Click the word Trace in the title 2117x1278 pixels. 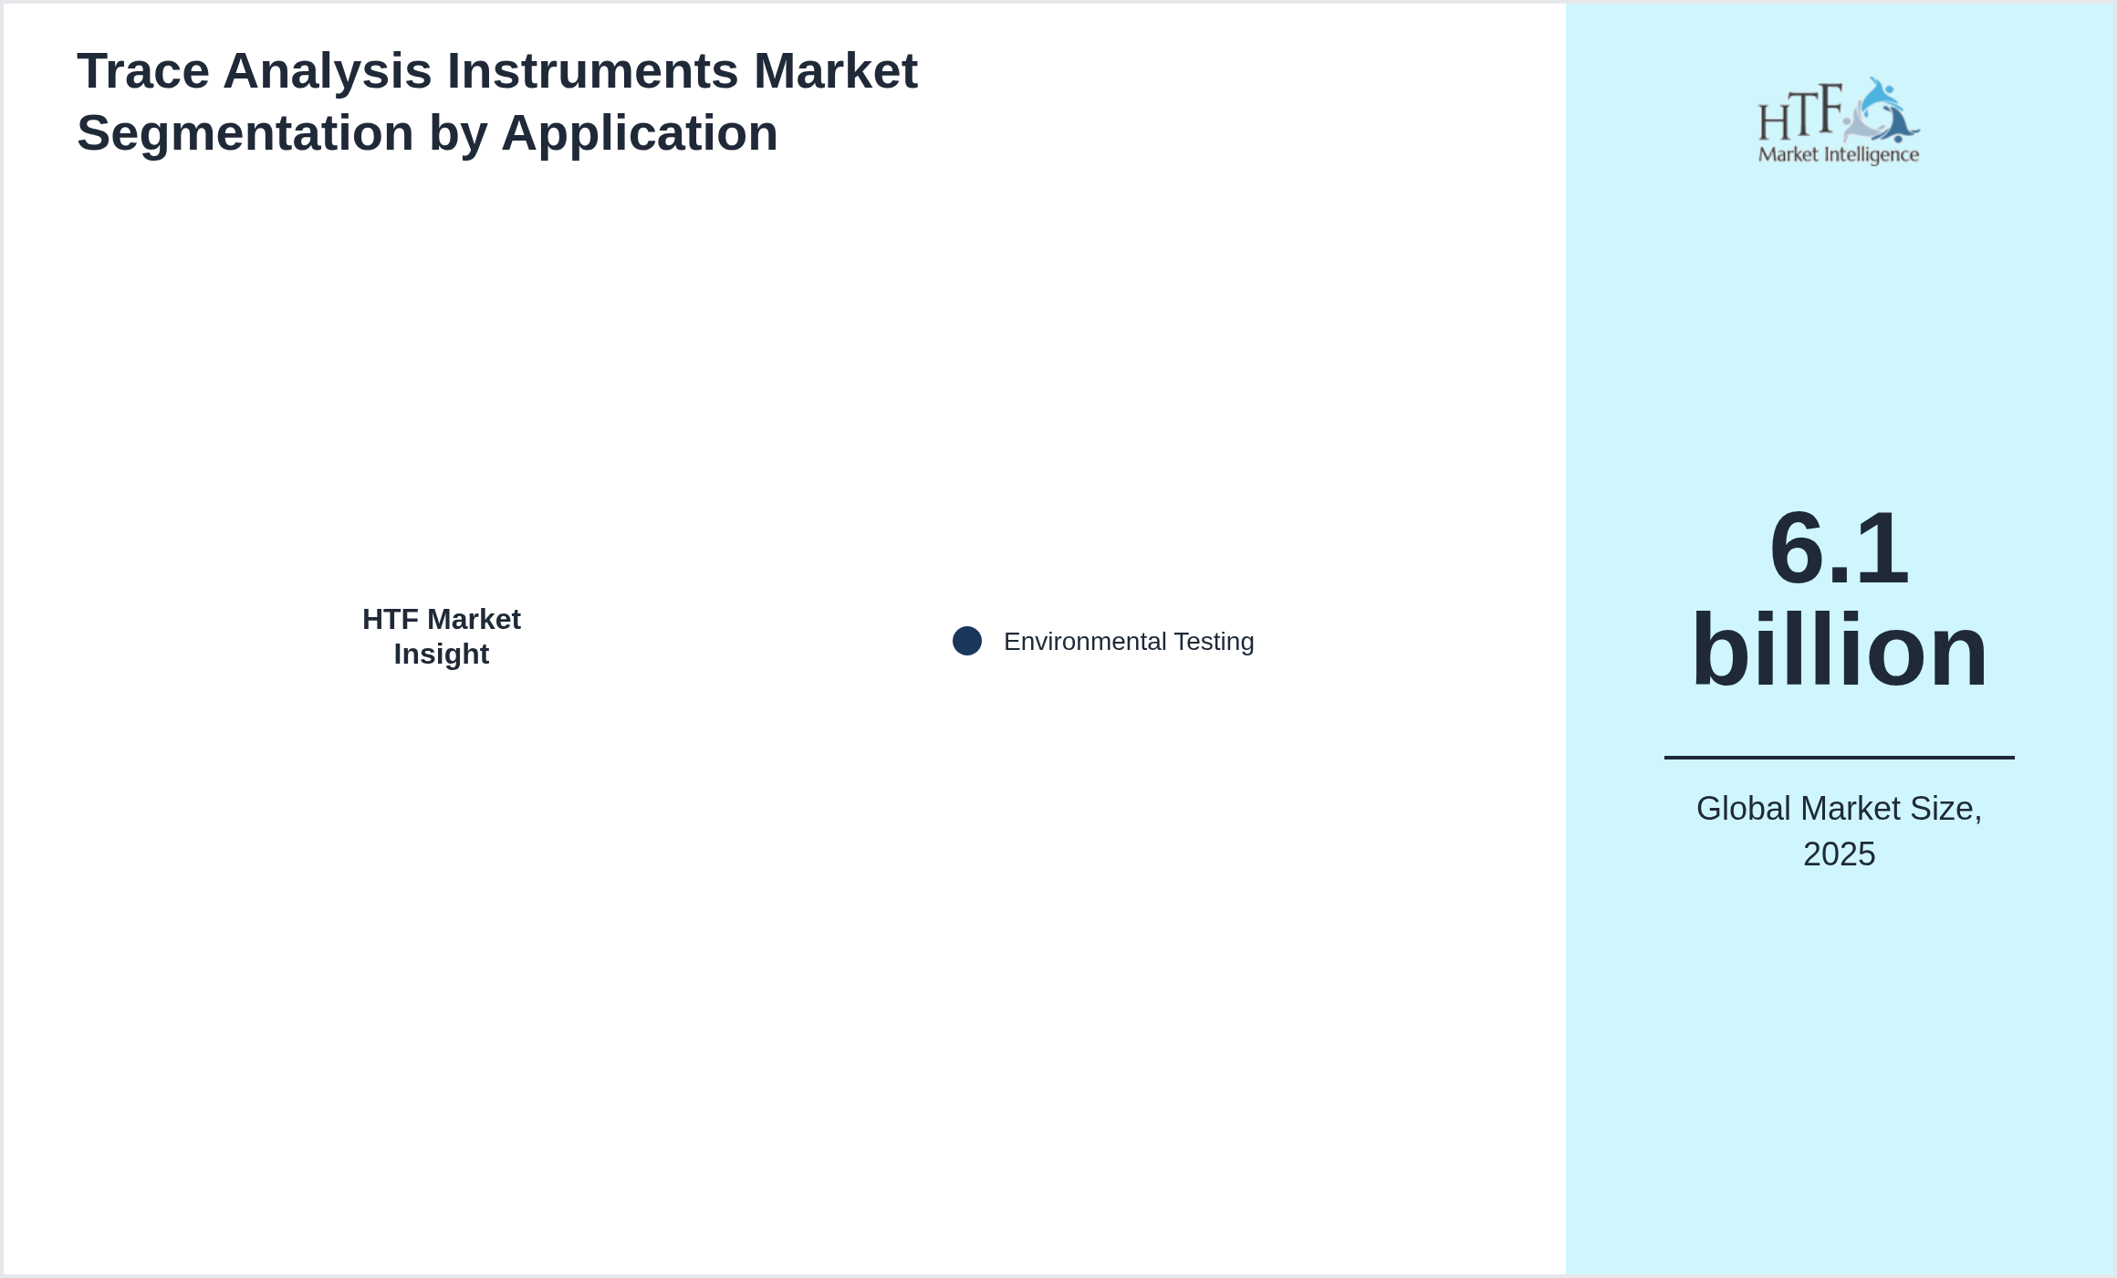point(143,71)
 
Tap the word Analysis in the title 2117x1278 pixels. point(328,71)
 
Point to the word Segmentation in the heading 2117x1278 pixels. point(245,133)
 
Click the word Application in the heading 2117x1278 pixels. point(640,133)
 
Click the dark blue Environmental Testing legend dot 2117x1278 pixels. point(967,641)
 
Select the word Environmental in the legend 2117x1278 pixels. point(1085,642)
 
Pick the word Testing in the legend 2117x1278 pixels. point(1215,642)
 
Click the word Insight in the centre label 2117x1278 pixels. point(442,655)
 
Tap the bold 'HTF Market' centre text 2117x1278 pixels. point(442,620)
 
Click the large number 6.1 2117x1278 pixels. point(1839,549)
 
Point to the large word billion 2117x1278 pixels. point(1839,650)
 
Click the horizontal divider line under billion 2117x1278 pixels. point(1839,757)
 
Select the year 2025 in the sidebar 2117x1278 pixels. point(1839,854)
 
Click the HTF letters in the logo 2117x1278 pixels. point(1800,113)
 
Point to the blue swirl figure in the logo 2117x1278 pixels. point(1882,110)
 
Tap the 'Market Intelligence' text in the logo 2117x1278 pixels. point(1839,154)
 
